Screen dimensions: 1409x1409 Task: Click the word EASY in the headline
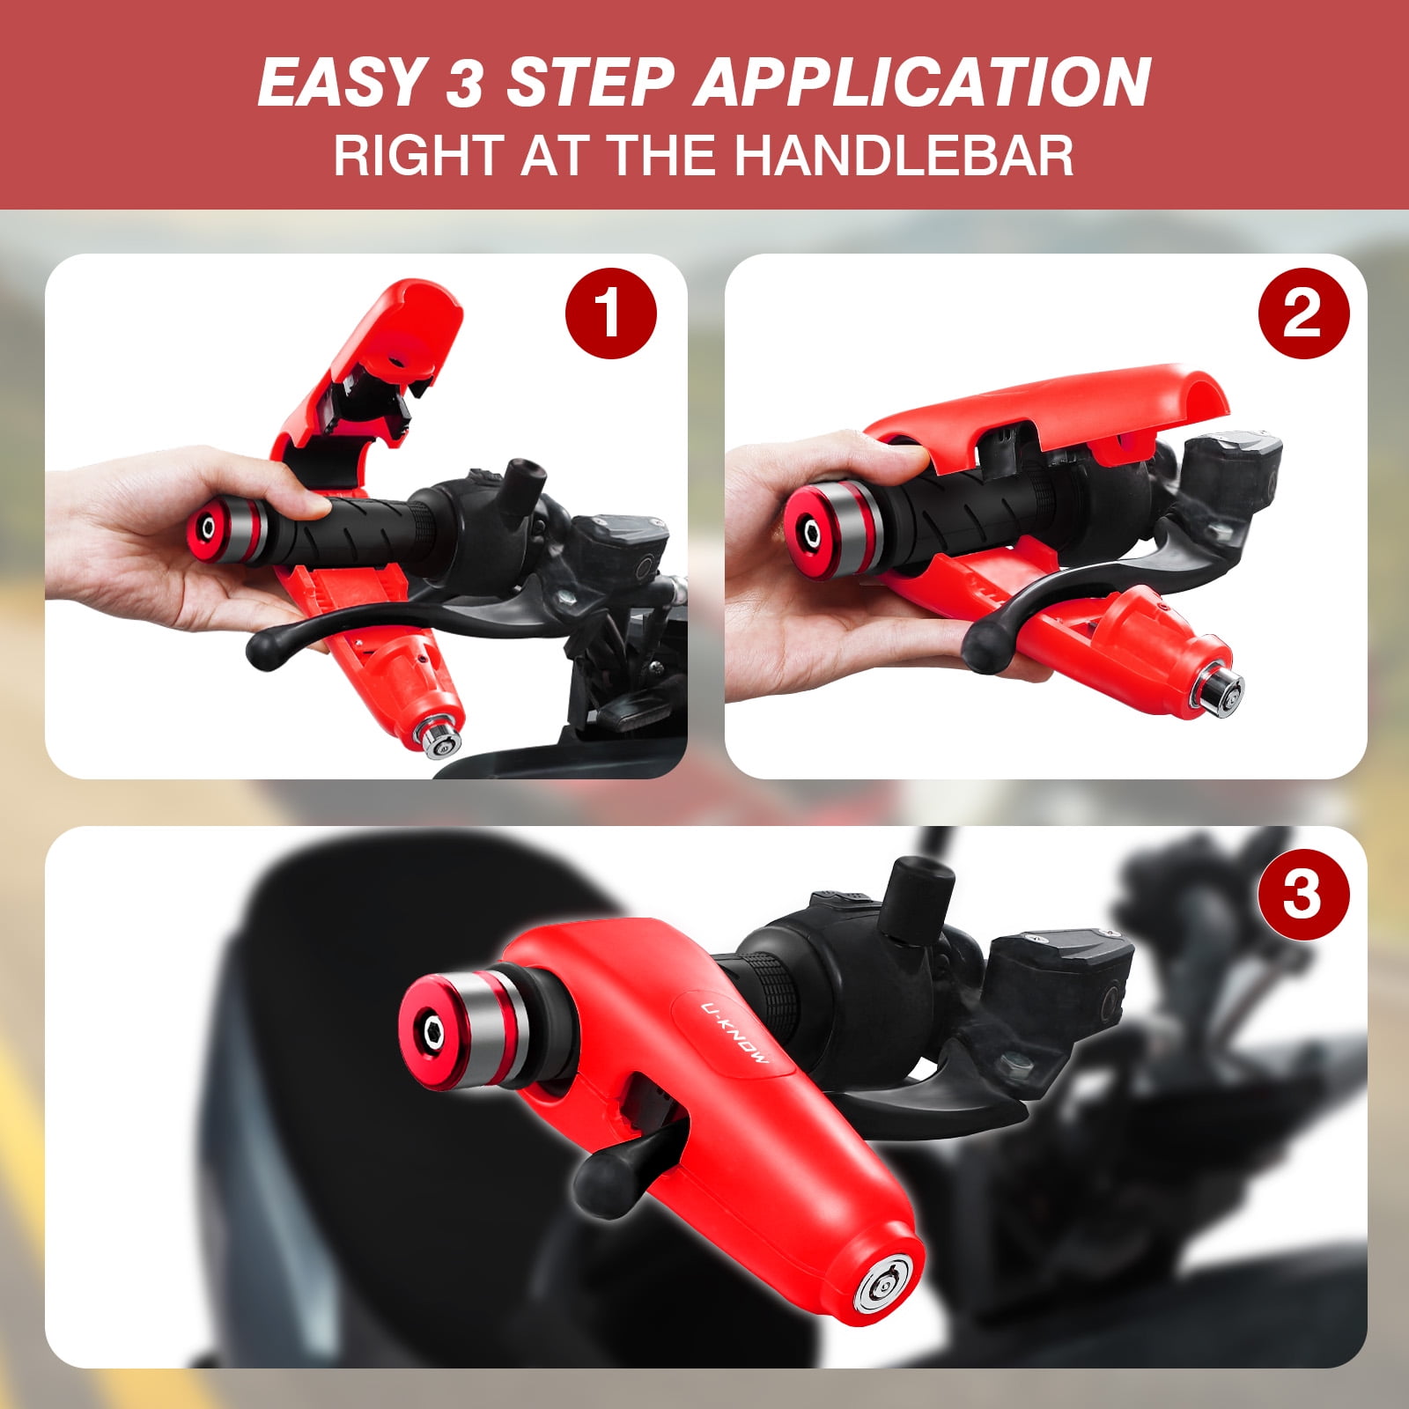339,82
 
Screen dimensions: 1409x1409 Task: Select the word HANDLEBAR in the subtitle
904,155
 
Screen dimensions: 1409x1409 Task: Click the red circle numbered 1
610,314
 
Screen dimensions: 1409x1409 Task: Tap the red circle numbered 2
1302,314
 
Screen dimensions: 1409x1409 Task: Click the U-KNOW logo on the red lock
735,1031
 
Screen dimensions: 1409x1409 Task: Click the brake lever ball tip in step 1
264,651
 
